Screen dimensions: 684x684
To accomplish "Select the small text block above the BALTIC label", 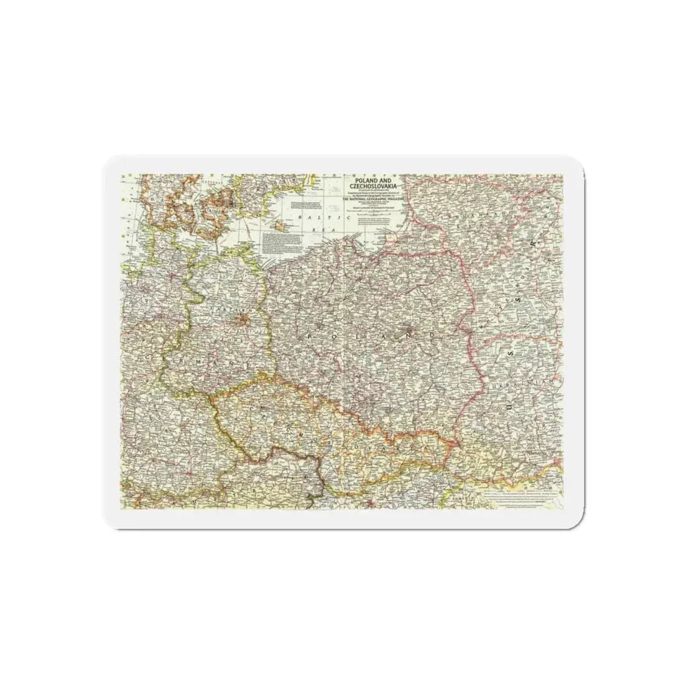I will (x=303, y=205).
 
